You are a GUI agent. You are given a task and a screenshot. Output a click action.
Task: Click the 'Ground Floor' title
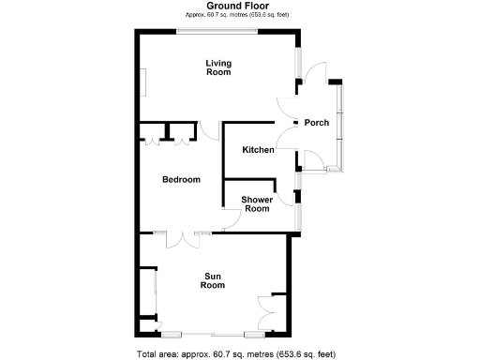click(x=219, y=6)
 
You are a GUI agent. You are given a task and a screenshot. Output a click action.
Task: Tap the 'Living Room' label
click(x=218, y=67)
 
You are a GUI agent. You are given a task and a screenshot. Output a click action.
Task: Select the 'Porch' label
click(x=316, y=123)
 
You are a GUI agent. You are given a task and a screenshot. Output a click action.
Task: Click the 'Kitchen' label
click(x=258, y=151)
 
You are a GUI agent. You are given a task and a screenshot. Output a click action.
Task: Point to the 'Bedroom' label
click(x=181, y=179)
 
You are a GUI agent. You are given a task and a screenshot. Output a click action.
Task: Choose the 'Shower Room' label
click(x=257, y=203)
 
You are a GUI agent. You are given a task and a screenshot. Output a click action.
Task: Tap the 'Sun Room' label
click(x=213, y=280)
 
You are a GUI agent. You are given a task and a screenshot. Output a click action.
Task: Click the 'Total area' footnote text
click(x=235, y=353)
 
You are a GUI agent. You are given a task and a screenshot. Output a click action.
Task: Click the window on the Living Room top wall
click(x=218, y=33)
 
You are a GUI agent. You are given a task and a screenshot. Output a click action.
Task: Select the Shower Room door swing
click(x=231, y=221)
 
